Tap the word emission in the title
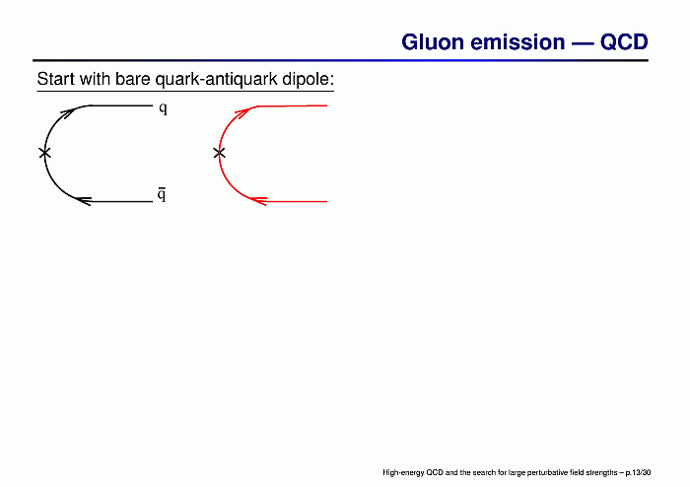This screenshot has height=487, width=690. pyautogui.click(x=517, y=42)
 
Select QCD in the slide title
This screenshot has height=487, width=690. pyautogui.click(x=624, y=42)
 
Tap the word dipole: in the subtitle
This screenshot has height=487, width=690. pyautogui.click(x=308, y=80)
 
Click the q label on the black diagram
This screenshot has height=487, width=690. pyautogui.click(x=164, y=108)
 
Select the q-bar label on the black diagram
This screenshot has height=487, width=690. pyautogui.click(x=162, y=194)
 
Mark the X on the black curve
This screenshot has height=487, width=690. pyautogui.click(x=44, y=153)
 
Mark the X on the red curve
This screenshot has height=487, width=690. pyautogui.click(x=219, y=153)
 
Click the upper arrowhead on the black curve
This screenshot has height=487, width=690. pyautogui.click(x=68, y=113)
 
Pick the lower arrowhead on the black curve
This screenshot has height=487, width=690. pyautogui.click(x=83, y=201)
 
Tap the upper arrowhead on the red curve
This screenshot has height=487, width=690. pyautogui.click(x=242, y=113)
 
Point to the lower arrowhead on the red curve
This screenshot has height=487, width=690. pyautogui.click(x=258, y=201)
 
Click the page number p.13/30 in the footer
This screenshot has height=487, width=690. pyautogui.click(x=638, y=473)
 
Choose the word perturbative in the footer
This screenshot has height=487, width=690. pyautogui.click(x=542, y=473)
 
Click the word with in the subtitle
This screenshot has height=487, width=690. pyautogui.click(x=95, y=79)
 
